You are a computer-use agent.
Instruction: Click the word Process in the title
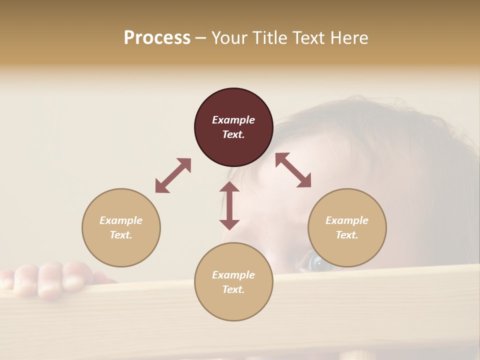pyautogui.click(x=157, y=38)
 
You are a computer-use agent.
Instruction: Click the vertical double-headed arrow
pyautogui.click(x=229, y=205)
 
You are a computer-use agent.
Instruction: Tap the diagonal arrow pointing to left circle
pyautogui.click(x=173, y=175)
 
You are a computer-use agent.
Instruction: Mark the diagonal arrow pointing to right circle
pyautogui.click(x=293, y=170)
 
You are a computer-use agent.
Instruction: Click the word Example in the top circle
pyautogui.click(x=233, y=120)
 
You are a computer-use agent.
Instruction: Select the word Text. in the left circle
pyautogui.click(x=121, y=235)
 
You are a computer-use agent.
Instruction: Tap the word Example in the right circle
pyautogui.click(x=347, y=220)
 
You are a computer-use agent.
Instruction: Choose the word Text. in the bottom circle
pyautogui.click(x=233, y=289)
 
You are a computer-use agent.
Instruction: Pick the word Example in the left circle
pyautogui.click(x=121, y=220)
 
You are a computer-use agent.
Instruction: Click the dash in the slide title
pyautogui.click(x=200, y=38)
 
